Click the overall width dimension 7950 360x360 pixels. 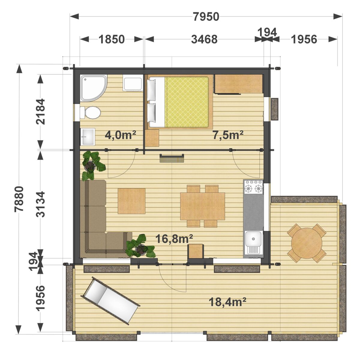point(206,16)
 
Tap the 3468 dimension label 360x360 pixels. point(204,39)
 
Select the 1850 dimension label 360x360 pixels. point(112,39)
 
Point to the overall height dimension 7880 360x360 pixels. point(19,199)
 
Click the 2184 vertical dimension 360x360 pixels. point(40,112)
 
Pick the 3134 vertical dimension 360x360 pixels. point(40,204)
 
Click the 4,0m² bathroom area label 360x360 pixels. point(120,135)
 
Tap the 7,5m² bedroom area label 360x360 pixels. point(228,135)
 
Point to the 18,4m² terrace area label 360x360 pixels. point(227,302)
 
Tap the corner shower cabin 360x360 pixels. point(93,88)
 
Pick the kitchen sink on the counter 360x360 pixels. point(253,243)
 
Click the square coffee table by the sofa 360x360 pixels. point(131,201)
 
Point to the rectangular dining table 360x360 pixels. point(202,206)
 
